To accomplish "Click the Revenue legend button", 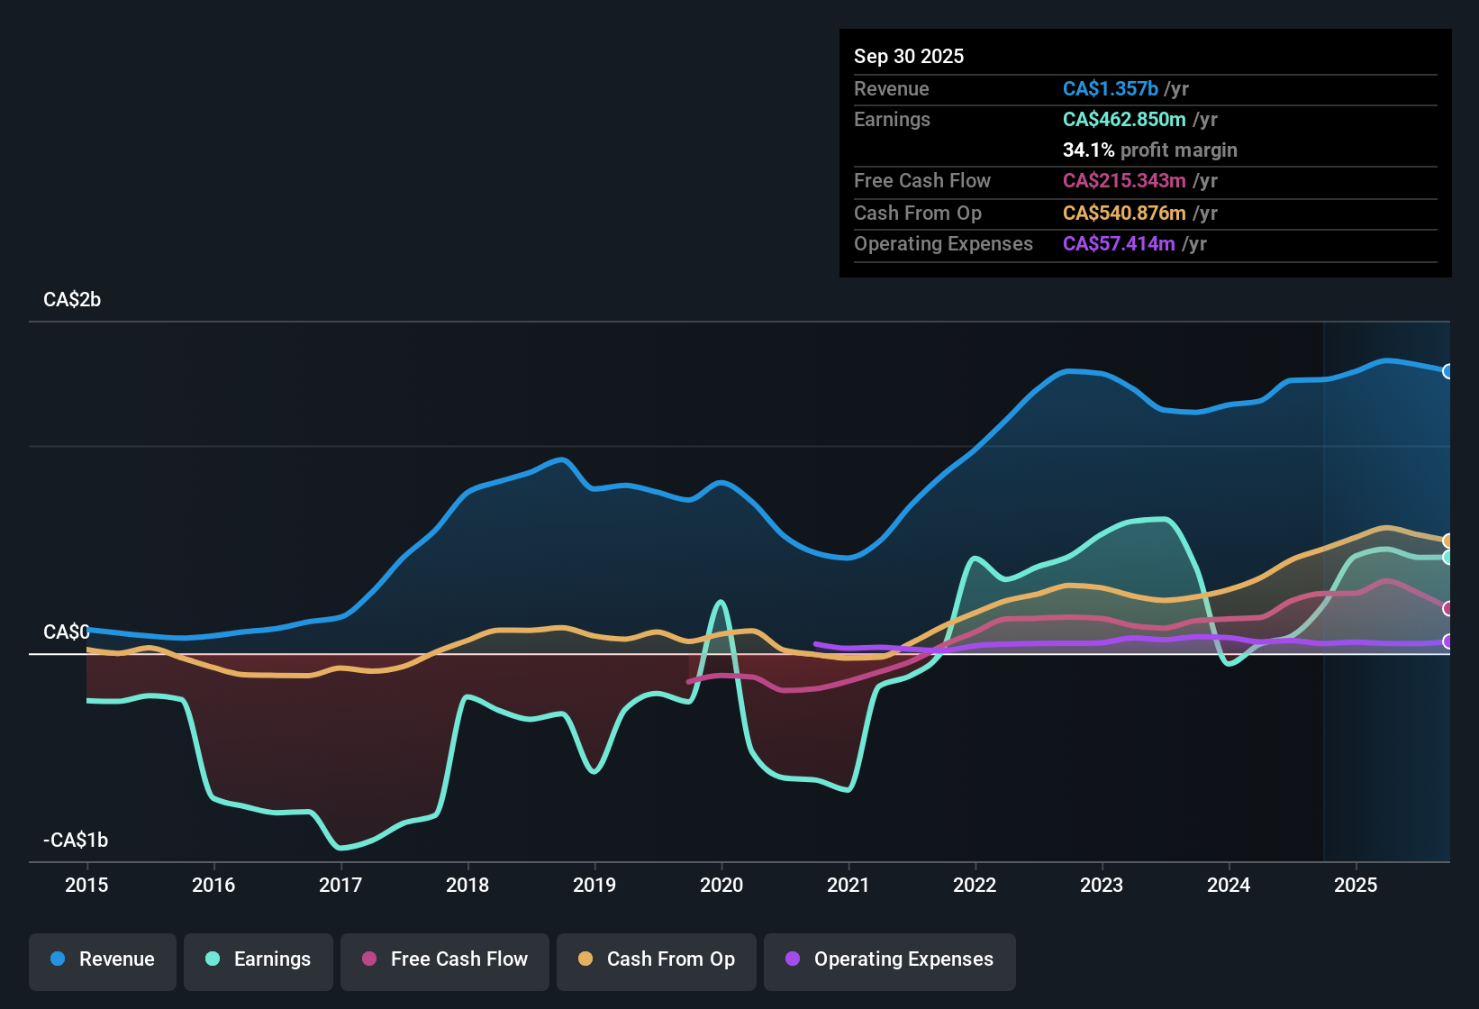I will click(x=103, y=959).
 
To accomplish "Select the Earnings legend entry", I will click(x=259, y=959).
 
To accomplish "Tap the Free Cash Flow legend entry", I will click(x=445, y=959).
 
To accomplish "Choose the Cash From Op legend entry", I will click(x=657, y=959).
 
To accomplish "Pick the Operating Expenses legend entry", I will click(x=890, y=959).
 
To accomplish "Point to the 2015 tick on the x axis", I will click(x=86, y=885).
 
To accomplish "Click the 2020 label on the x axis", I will click(x=721, y=885).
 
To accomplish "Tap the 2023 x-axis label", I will click(x=1102, y=885).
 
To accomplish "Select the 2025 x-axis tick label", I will click(x=1356, y=885).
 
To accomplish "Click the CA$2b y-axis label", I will click(x=72, y=300).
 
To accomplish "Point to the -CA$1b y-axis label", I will click(x=76, y=841).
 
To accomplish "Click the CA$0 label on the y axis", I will click(x=66, y=632).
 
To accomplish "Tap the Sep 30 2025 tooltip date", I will click(x=909, y=56).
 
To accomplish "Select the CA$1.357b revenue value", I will click(x=1111, y=88).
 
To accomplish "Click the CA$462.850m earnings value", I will click(x=1124, y=119).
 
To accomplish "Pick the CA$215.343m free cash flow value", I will click(x=1124, y=180).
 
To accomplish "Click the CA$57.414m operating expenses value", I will click(x=1119, y=243).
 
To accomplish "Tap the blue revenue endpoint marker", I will click(x=1447, y=371).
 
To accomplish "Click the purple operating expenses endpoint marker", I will click(x=1447, y=641).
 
